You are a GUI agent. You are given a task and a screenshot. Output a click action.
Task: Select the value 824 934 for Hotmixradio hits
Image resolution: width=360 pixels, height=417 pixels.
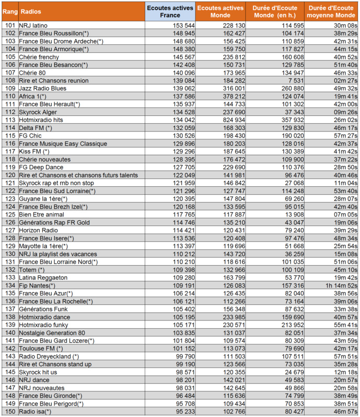pyautogui.click(x=233, y=120)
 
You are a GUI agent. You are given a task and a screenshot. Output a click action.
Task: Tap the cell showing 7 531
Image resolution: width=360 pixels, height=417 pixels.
pyautogui.click(x=294, y=81)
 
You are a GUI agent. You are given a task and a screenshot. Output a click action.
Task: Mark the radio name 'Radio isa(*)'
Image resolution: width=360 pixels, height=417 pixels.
pyautogui.click(x=35, y=411)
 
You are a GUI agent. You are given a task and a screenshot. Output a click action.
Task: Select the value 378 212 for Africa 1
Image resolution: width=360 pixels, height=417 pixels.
pyautogui.click(x=233, y=97)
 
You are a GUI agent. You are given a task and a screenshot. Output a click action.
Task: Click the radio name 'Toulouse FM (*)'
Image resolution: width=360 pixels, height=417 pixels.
pyautogui.click(x=41, y=349)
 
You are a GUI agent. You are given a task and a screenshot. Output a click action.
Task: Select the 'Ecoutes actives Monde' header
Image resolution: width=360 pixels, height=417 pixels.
pyautogui.click(x=220, y=11)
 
